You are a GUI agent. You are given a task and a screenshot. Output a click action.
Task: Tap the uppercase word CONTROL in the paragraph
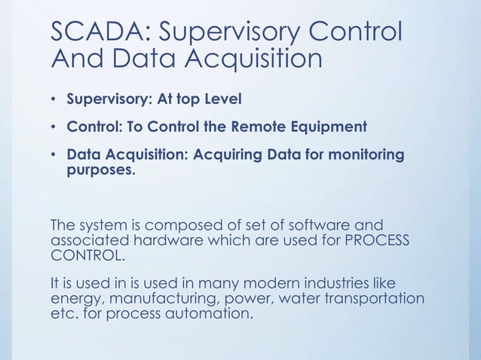(x=83, y=255)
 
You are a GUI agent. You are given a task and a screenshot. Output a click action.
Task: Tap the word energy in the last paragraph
(x=74, y=298)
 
